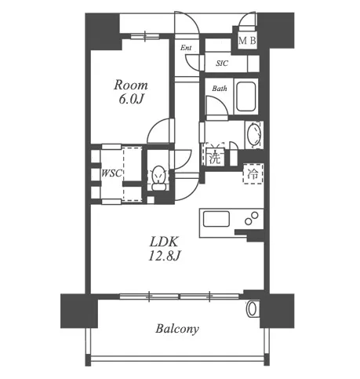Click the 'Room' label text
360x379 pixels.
point(131,86)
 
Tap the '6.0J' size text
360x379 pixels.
point(131,100)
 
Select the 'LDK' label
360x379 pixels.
point(164,242)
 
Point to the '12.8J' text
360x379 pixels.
point(164,256)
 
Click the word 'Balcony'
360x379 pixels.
point(177,329)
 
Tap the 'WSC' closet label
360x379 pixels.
point(111,173)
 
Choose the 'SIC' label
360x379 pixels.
point(222,64)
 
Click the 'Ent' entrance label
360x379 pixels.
point(186,48)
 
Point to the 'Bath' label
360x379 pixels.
point(220,89)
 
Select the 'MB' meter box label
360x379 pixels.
point(247,41)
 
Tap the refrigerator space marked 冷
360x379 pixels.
point(253,174)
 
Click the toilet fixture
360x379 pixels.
point(158,178)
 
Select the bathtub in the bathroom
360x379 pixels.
point(246,97)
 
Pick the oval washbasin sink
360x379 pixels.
point(253,134)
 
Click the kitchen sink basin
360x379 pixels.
point(216,219)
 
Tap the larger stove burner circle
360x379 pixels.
point(255,216)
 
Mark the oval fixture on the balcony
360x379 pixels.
point(252,309)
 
